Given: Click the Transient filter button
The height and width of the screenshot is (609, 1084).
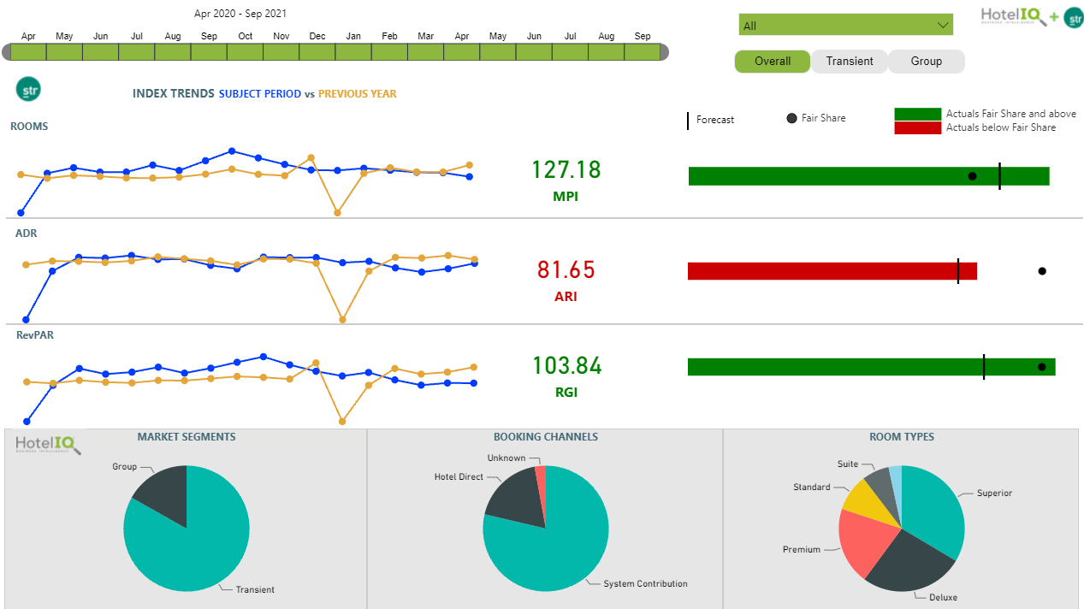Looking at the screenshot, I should coord(850,62).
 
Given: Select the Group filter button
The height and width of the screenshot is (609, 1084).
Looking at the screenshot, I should coord(926,62).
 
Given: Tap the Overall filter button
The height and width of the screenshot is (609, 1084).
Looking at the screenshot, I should coord(772,62).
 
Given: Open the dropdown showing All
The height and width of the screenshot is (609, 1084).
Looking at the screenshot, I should coord(845,26).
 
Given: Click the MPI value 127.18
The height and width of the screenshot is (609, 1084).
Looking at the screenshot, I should coord(566,169).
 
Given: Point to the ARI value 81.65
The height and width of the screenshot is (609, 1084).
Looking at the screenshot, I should coord(566,269).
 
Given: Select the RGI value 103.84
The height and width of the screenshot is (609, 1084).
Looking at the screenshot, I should coord(566,366).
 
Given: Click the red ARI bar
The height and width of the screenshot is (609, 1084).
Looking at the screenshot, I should coord(821,271).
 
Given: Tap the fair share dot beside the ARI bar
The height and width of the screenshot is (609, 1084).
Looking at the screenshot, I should coord(1042,271).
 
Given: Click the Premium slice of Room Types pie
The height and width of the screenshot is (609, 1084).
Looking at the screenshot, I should coord(864,542).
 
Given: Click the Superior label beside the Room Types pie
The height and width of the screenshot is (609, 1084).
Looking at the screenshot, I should coord(994,493).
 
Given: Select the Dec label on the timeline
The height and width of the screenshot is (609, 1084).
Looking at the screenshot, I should coord(317,36).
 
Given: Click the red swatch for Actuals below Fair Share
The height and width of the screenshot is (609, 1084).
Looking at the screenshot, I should coord(917,127).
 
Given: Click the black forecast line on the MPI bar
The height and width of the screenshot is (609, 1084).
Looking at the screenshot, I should coord(999,176).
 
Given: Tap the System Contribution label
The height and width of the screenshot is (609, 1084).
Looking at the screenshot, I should coord(645,583).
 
